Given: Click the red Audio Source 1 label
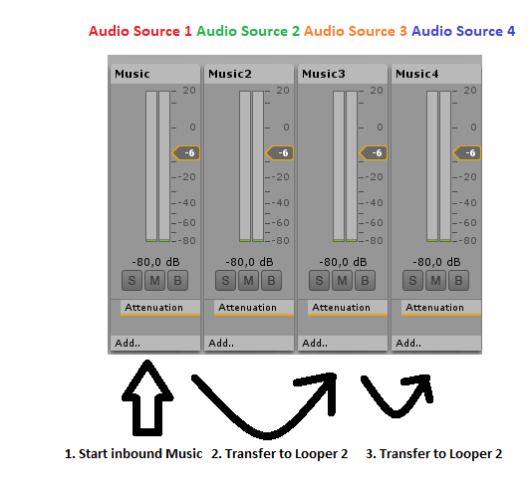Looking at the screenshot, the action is pos(140,31).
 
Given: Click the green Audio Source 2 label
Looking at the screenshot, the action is pos(248,31).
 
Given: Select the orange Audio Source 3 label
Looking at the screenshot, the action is pos(356,31).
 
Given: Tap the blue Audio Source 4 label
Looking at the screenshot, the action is pos(463,31).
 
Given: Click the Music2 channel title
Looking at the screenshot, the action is pos(230,74).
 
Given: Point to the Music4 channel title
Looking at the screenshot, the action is pos(417,74).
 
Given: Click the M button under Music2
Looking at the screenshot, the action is pos(248,280).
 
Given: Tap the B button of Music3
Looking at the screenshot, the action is pos(365,280).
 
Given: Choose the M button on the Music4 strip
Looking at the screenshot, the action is pos(435,280).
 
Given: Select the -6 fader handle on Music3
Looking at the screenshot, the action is pos(374,152).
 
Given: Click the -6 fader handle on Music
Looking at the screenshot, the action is pos(186,152).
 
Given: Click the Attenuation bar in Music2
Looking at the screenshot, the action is pos(254,308).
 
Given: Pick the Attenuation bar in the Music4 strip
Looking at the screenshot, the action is pos(440,308).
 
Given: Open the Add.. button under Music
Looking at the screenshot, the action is pos(155,343).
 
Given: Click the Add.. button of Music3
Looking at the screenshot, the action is pos(343,343).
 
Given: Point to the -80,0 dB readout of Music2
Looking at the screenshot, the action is pos(249,262).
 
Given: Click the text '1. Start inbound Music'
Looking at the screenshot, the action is pos(133,454).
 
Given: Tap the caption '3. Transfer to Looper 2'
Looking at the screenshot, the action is pos(434,454).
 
